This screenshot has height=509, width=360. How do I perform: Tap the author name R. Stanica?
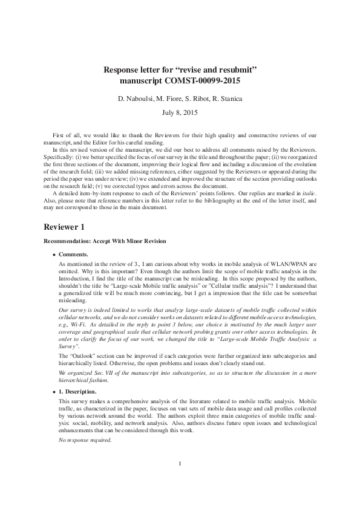(229, 98)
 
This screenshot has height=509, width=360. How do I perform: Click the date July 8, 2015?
(180, 112)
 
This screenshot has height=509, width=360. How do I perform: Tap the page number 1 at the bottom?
(180, 481)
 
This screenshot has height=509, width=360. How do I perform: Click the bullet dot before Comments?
(54, 254)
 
